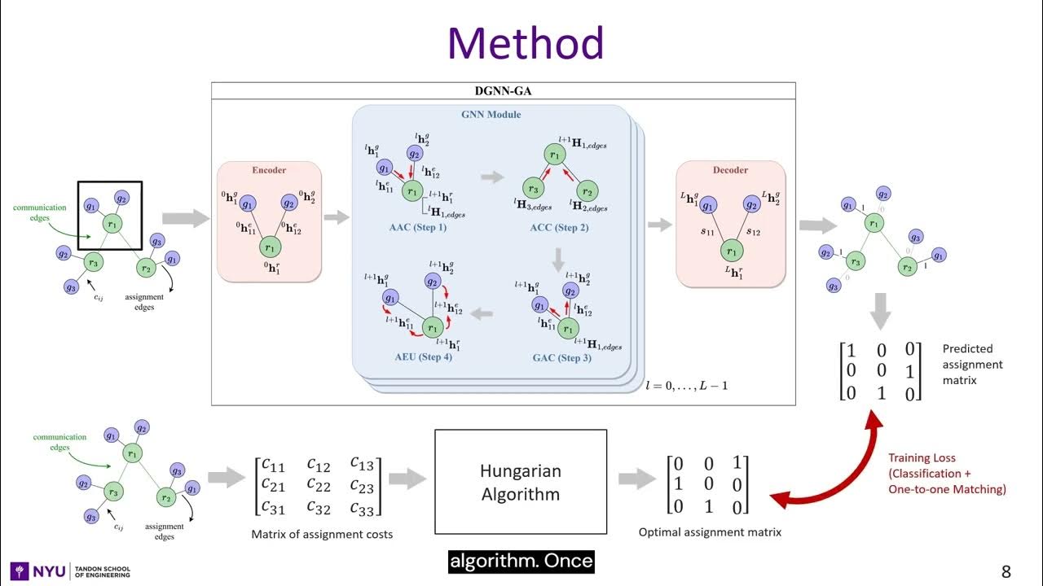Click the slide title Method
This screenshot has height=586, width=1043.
[525, 43]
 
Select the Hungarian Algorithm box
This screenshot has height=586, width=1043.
[521, 482]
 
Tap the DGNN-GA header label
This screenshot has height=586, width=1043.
[502, 91]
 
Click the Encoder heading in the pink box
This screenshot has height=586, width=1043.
[268, 171]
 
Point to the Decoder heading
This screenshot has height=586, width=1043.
[730, 171]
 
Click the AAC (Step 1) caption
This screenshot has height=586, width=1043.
[418, 227]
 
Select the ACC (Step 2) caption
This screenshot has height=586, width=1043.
[558, 227]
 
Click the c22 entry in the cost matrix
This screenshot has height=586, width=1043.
[319, 486]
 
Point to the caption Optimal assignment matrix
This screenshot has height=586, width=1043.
[710, 532]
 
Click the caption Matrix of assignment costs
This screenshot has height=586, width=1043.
[322, 534]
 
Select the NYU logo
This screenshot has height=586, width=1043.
[38, 571]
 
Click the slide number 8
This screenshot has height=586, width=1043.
[1006, 571]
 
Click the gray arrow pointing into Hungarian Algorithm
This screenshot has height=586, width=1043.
[407, 479]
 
